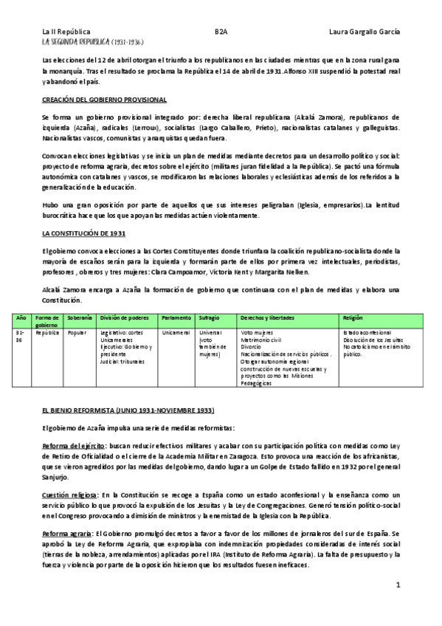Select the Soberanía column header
(79, 317)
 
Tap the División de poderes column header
(120, 317)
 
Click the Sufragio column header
(209, 317)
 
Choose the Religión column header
(353, 317)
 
